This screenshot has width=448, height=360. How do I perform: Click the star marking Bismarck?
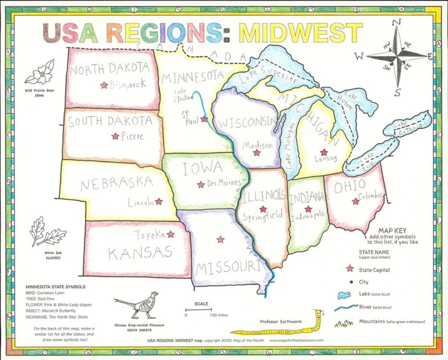104,85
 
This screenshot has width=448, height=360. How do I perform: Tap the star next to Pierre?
115,137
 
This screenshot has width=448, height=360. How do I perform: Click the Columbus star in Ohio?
355,201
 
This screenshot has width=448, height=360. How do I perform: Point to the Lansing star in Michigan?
324,152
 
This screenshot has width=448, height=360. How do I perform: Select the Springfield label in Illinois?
263,215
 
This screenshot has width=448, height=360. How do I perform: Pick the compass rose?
397,57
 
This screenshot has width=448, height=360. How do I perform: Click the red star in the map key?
350,269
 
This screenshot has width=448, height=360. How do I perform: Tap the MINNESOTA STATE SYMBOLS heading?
56,287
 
